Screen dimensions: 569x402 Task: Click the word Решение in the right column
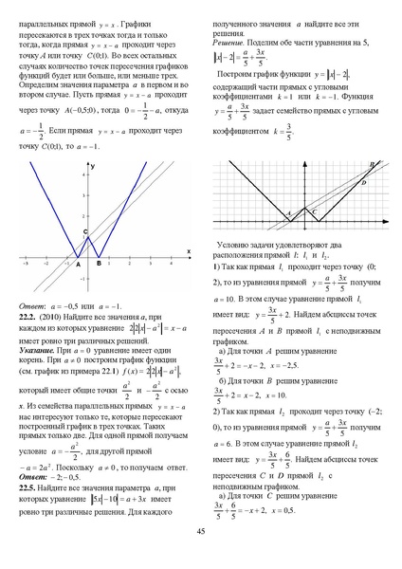228,44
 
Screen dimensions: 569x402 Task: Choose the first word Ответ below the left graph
33,305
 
